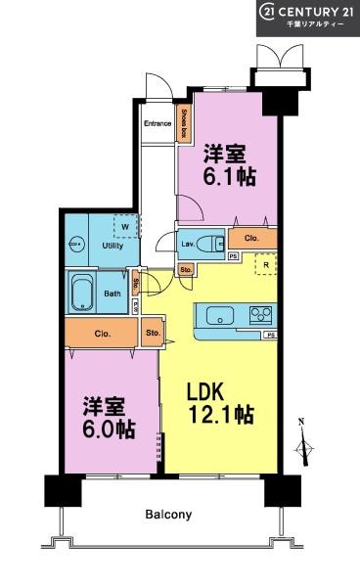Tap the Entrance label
click(157, 123)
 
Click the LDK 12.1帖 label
click(220, 401)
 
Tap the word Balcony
click(168, 514)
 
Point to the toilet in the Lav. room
click(208, 244)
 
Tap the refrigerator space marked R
click(263, 265)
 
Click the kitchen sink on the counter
click(218, 315)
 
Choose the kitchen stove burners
click(261, 314)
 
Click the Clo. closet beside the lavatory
click(251, 237)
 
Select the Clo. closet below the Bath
click(102, 332)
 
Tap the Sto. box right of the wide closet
click(153, 332)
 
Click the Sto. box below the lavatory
click(185, 268)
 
